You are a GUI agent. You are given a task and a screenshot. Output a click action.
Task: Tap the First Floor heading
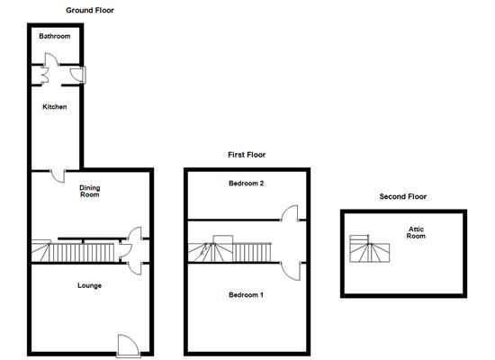pyautogui.click(x=246, y=155)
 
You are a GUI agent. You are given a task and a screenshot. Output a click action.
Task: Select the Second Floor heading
pyautogui.click(x=402, y=196)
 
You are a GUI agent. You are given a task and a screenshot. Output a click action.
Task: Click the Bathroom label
pyautogui.click(x=53, y=37)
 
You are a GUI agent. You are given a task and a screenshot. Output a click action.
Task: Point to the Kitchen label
pyautogui.click(x=55, y=107)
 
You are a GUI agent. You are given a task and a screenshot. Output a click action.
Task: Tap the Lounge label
pyautogui.click(x=89, y=285)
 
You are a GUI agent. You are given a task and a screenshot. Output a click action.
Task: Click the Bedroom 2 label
pyautogui.click(x=246, y=183)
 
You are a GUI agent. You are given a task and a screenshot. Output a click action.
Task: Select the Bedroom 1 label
pyautogui.click(x=246, y=294)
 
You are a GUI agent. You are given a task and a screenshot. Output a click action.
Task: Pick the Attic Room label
pyautogui.click(x=415, y=232)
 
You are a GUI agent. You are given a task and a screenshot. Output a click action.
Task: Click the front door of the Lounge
pyautogui.click(x=128, y=344)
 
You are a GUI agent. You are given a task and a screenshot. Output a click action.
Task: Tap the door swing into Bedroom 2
pyautogui.click(x=291, y=213)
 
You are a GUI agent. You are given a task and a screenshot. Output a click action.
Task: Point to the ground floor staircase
pyautogui.click(x=76, y=251)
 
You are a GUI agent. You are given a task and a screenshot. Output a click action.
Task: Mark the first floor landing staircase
pyautogui.click(x=229, y=251)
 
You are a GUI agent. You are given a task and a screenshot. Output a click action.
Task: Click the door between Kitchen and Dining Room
pyautogui.click(x=57, y=175)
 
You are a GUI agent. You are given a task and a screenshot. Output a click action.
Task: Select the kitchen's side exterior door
pyautogui.click(x=81, y=75)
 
